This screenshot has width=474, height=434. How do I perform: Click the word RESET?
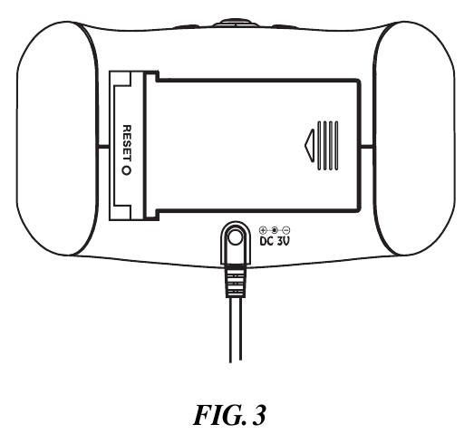[127, 143]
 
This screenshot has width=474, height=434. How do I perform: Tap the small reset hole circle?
[127, 170]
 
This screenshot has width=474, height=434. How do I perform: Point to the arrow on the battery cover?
[310, 145]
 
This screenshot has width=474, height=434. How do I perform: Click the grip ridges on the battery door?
[328, 145]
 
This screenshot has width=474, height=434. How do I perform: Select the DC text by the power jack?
[266, 241]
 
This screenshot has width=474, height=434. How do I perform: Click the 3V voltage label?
[284, 241]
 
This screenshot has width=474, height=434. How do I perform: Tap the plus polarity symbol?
[263, 231]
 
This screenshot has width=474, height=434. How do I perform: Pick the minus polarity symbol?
[286, 231]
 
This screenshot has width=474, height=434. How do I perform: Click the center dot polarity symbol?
[275, 231]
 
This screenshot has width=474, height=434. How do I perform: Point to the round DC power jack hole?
[236, 236]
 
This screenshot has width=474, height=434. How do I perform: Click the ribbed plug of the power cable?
[235, 280]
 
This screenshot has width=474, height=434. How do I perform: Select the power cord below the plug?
[236, 330]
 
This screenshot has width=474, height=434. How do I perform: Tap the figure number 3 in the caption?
[259, 415]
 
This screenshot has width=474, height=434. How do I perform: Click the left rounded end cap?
[57, 139]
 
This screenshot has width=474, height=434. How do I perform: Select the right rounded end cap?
[414, 139]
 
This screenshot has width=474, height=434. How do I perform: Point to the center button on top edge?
[235, 23]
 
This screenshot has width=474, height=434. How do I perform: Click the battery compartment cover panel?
[253, 144]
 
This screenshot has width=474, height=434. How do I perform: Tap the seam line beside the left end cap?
[103, 147]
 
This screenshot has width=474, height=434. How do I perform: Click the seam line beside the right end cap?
[367, 147]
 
